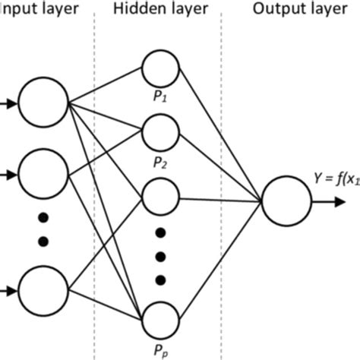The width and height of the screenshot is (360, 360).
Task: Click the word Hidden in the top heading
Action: pos(134,10)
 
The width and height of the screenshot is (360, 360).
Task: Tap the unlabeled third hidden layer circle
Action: pos(159,196)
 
